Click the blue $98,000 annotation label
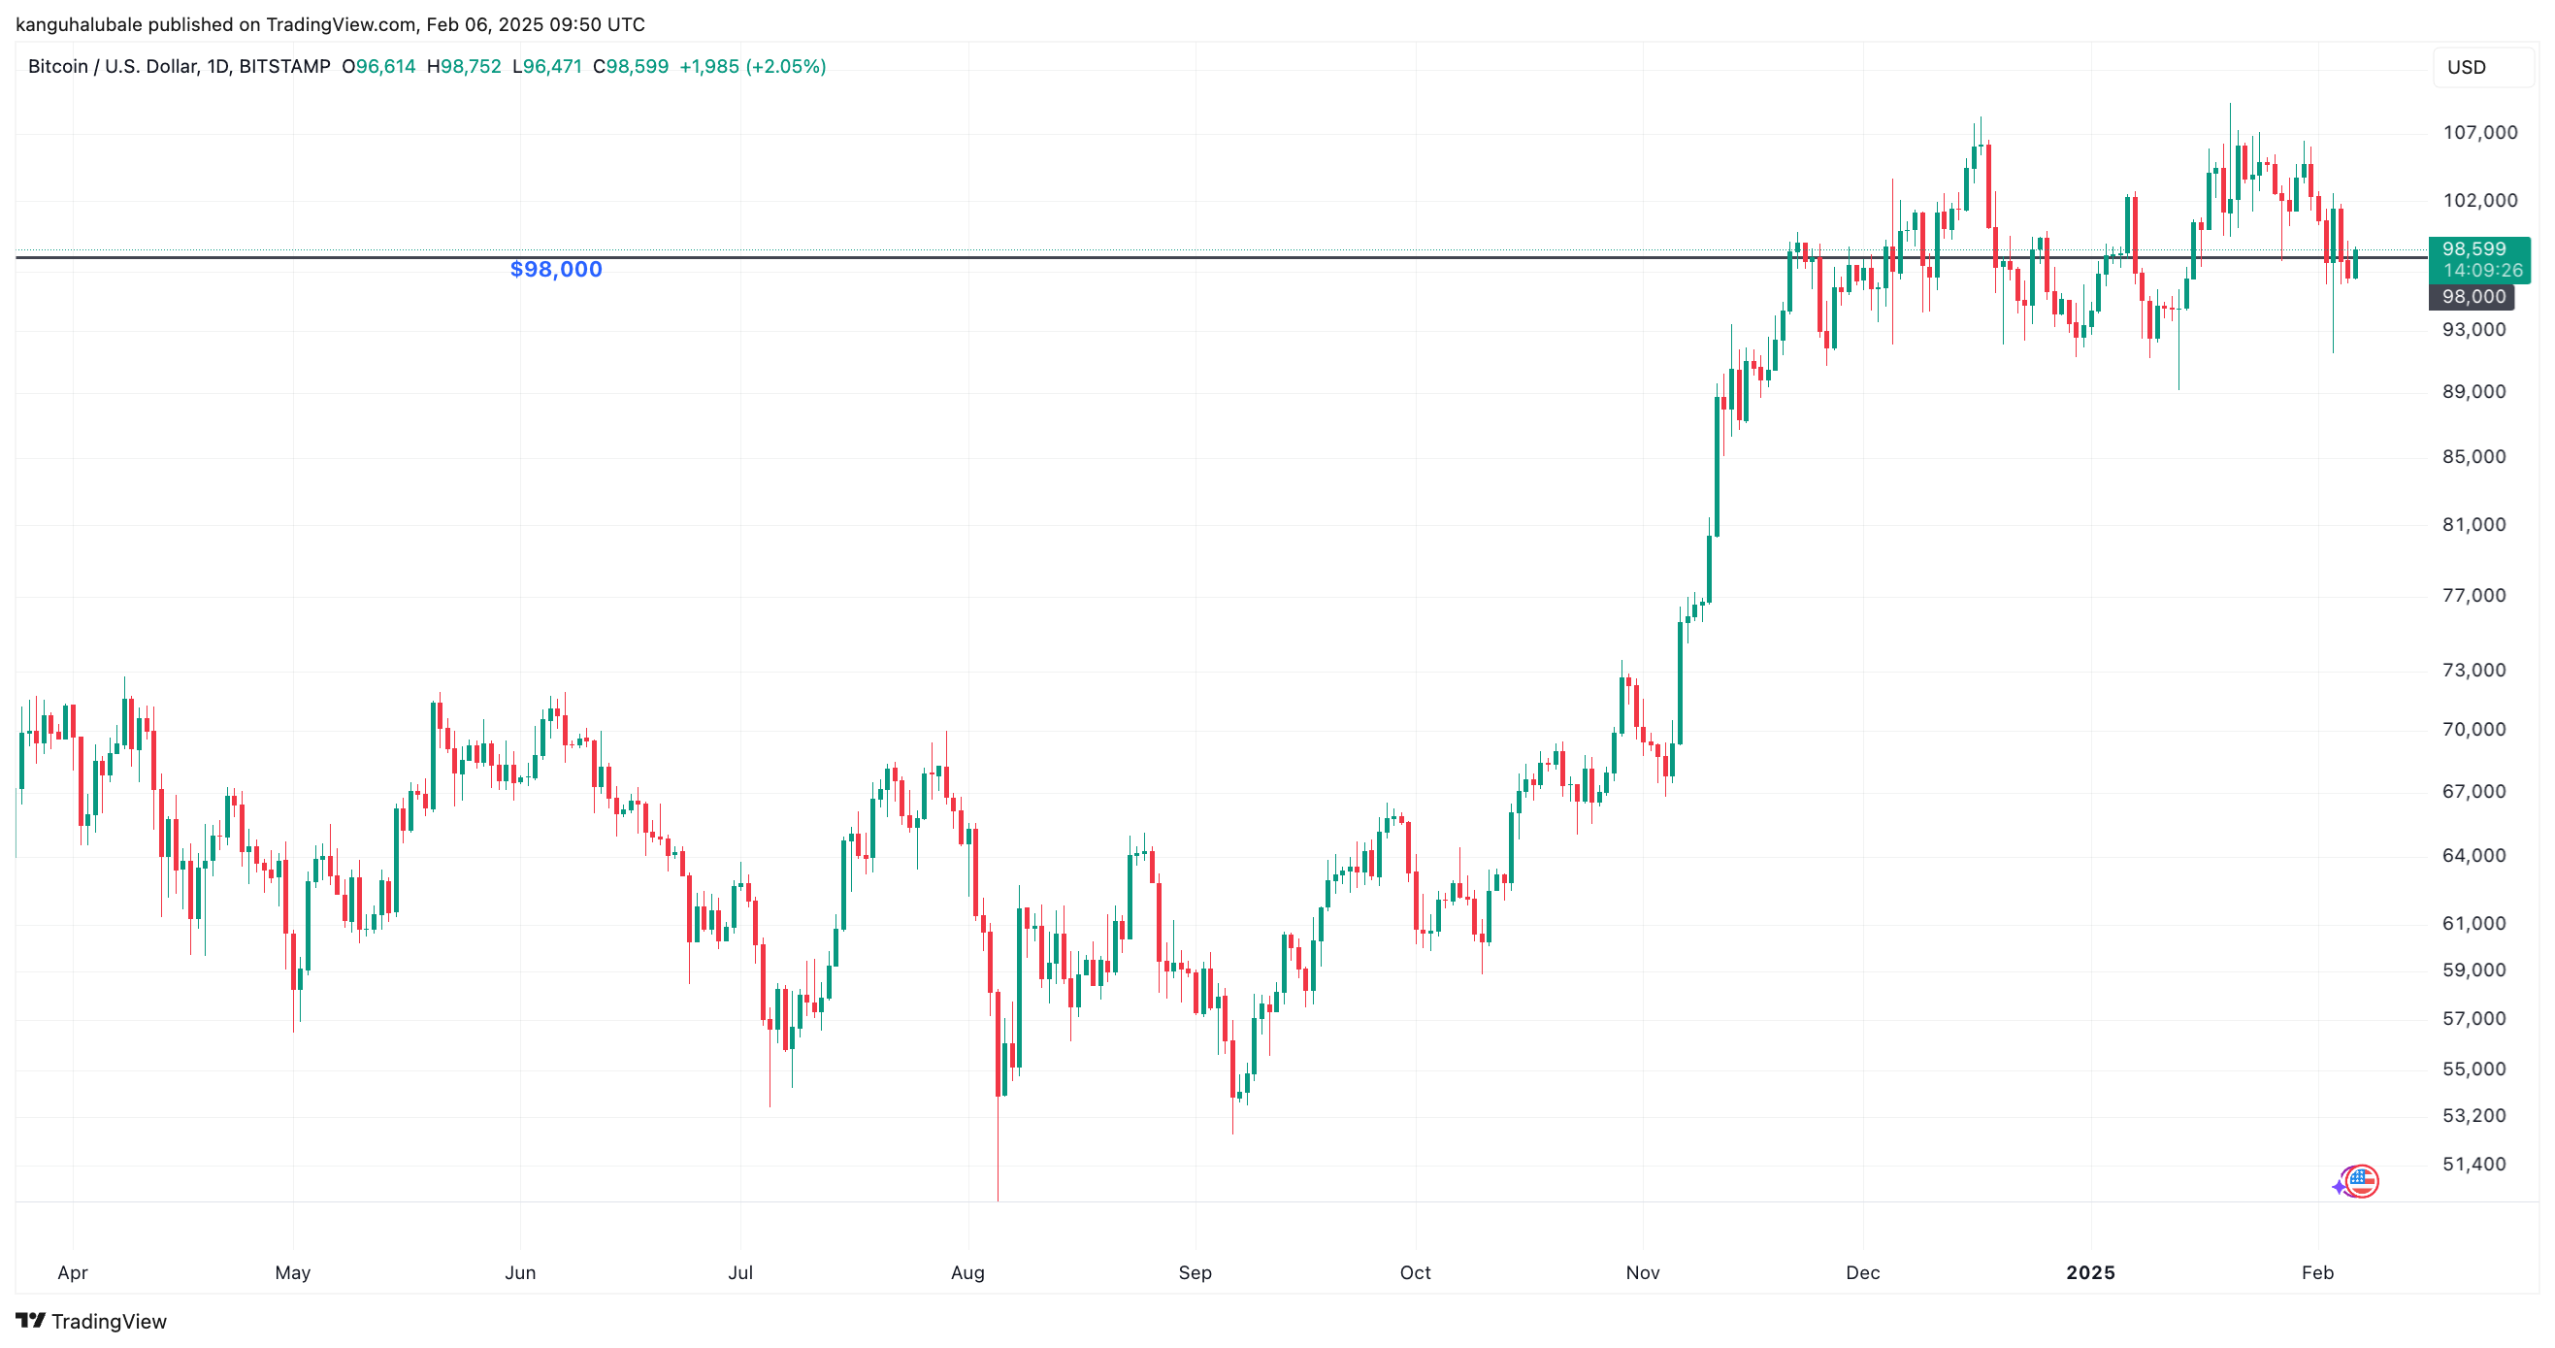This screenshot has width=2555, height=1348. click(x=555, y=269)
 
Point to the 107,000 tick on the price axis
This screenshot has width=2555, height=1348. click(x=2478, y=133)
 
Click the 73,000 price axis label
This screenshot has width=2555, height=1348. click(x=2473, y=671)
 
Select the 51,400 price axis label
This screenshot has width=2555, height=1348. click(x=2473, y=1165)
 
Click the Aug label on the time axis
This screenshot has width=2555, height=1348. click(x=967, y=1272)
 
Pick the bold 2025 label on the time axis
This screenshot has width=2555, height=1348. click(x=2090, y=1272)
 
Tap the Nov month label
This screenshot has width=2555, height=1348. click(x=1643, y=1272)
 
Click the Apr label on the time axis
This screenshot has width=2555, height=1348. click(x=73, y=1272)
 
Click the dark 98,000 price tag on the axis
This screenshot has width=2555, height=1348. click(x=2473, y=297)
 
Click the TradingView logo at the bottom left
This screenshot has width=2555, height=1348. click(x=91, y=1321)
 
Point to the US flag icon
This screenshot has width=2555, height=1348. click(x=2363, y=1181)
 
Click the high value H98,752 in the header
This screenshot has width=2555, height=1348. click(x=463, y=66)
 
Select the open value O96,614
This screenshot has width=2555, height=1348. click(x=377, y=66)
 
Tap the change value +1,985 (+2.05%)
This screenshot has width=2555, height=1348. click(x=752, y=66)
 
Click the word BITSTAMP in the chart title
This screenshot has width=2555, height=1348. click(x=284, y=66)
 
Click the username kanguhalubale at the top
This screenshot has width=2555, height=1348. click(x=79, y=25)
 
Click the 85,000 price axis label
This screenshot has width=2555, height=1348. click(x=2473, y=457)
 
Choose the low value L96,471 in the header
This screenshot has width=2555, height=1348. click(x=546, y=66)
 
